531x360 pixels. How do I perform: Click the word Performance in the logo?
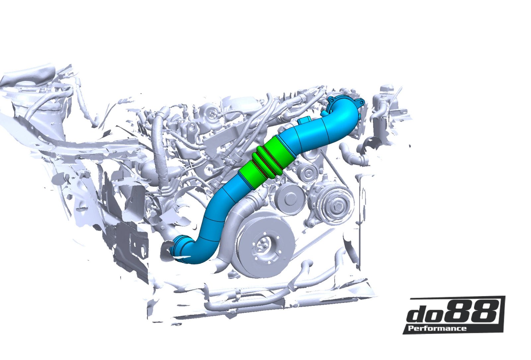(x=437, y=328)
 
